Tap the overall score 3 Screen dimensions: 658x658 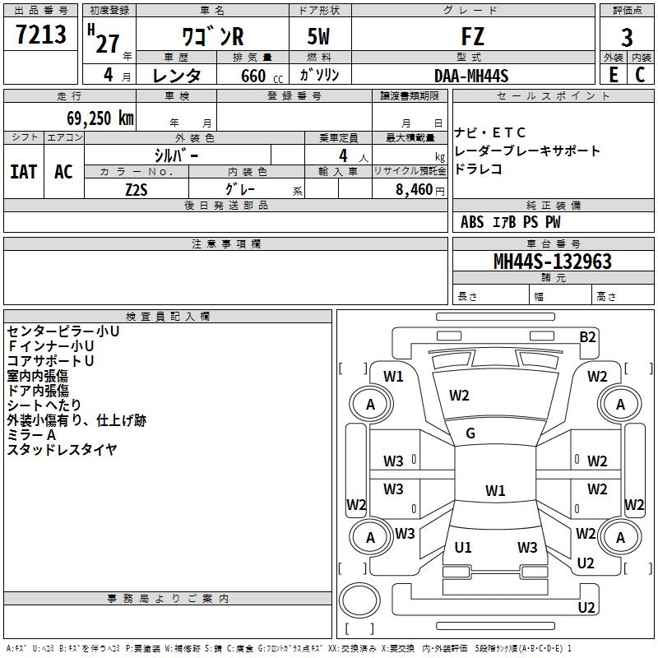pos(627,37)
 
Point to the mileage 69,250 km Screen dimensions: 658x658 pos(90,118)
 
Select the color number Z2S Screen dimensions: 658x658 pos(136,189)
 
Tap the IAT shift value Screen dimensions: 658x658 pos(24,171)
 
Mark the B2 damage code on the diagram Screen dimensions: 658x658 pos(587,336)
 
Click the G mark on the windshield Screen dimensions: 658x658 pos(470,433)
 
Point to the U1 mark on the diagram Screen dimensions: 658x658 pos(463,547)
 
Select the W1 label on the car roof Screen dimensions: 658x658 pos(494,491)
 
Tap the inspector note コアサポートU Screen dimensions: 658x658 pos(51,361)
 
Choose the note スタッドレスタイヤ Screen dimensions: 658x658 pos(62,449)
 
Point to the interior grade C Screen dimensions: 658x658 pos(640,75)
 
